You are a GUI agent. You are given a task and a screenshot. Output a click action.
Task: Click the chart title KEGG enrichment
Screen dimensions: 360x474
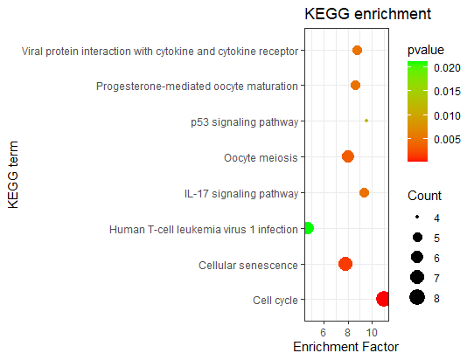click(367, 15)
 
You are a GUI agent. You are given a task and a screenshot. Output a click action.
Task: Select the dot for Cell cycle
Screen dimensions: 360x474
click(383, 299)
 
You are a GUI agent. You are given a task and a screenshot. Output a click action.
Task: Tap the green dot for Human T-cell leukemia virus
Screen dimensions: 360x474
click(307, 229)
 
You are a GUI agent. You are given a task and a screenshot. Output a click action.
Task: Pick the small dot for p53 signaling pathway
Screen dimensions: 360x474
click(366, 121)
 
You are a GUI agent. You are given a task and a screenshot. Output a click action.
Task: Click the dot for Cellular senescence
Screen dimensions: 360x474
click(345, 264)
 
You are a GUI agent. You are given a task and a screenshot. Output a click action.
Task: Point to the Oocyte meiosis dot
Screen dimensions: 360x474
click(348, 156)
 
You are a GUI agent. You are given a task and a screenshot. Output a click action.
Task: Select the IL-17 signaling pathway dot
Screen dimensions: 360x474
click(364, 193)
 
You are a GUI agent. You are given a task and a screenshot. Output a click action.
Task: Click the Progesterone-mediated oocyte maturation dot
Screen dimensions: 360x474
click(355, 85)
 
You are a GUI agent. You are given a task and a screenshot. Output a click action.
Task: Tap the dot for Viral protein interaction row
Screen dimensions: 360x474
click(357, 50)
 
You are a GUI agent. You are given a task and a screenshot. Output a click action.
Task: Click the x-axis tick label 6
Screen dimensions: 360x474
click(324, 332)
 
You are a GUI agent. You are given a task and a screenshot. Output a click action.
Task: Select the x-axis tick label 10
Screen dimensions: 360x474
click(373, 332)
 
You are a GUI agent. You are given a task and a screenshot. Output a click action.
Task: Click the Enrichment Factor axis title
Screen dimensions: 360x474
click(345, 348)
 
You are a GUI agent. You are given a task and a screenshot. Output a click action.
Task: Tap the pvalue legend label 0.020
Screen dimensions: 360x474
click(451, 67)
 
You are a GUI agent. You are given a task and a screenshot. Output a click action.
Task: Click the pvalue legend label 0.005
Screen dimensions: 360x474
click(451, 138)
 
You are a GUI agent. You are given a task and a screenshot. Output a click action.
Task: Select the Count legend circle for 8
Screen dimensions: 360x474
click(416, 298)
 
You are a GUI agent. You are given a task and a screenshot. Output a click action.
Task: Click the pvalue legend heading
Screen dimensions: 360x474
click(426, 50)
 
